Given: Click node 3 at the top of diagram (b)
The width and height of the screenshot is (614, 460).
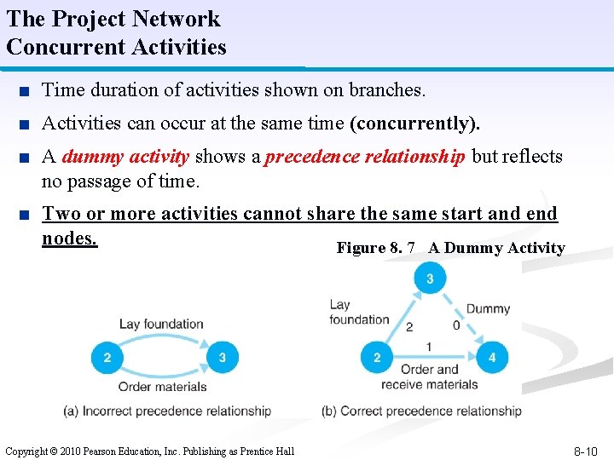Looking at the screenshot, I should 430,279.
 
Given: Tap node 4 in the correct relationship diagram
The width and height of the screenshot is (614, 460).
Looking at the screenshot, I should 492,358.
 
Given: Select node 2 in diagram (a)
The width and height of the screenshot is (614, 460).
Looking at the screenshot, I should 107,358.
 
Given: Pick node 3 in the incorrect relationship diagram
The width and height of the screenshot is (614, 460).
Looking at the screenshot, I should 223,358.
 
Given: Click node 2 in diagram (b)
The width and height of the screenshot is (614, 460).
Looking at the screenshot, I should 377,358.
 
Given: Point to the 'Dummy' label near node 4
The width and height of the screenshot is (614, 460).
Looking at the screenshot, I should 488,308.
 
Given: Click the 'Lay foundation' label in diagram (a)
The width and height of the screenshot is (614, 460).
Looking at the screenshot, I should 161,324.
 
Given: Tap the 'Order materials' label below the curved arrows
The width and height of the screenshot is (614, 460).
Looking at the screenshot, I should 162,386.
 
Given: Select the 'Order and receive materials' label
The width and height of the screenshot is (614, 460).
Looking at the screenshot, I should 429,377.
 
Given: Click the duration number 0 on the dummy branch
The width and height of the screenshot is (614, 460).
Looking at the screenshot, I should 456,325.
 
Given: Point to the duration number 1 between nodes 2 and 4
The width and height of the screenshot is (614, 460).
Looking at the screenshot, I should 428,347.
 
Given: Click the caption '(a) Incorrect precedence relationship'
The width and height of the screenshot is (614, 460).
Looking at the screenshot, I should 167,411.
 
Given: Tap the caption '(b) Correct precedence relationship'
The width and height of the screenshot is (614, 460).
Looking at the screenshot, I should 421,411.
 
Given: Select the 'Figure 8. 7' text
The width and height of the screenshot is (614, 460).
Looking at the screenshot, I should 376,248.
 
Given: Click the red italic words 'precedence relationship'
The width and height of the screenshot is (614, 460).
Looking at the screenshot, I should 366,157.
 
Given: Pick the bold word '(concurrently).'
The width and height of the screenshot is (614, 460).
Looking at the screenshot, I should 415,124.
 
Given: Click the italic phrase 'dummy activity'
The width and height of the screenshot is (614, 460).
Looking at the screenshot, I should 125,157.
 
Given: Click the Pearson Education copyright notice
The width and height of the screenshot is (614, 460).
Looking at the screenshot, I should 149,451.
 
